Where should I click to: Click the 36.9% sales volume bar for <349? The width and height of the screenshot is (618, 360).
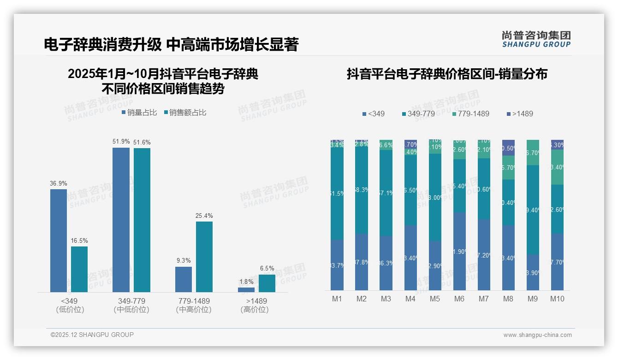click(x=59, y=240)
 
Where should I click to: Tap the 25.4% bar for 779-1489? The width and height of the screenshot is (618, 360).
click(x=204, y=257)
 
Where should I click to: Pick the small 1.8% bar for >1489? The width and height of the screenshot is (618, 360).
click(x=246, y=290)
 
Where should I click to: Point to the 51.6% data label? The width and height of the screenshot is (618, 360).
click(x=142, y=142)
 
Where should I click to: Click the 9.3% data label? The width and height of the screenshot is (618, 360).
click(x=184, y=260)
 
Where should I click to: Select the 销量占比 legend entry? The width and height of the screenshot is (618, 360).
click(x=139, y=113)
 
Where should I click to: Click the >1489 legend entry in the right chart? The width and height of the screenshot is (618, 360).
click(x=520, y=114)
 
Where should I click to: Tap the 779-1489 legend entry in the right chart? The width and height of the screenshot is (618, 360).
click(x=470, y=114)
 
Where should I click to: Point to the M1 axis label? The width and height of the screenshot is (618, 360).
click(x=337, y=299)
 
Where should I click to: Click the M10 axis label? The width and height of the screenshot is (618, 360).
click(x=557, y=299)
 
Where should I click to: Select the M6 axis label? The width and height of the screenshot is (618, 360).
click(x=459, y=299)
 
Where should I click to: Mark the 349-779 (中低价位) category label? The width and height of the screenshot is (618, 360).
click(x=131, y=305)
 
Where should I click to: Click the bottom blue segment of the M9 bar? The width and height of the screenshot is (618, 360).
click(x=533, y=272)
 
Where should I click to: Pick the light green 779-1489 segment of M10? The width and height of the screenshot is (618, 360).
click(x=557, y=167)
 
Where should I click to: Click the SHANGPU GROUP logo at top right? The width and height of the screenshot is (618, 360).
click(x=536, y=39)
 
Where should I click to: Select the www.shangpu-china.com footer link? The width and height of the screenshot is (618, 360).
click(x=537, y=335)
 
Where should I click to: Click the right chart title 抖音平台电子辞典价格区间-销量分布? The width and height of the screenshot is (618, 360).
click(x=447, y=74)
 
